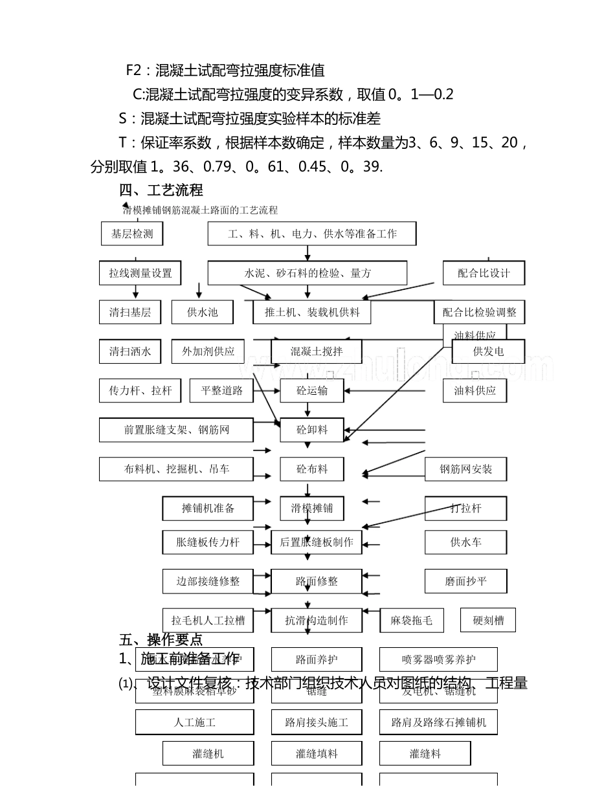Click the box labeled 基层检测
[x=132, y=234]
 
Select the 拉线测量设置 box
[x=140, y=273]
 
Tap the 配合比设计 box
[x=483, y=273]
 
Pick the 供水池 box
[x=202, y=312]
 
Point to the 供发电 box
[x=488, y=351]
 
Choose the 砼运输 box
[x=311, y=390]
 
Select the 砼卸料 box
[x=311, y=430]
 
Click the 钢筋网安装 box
[x=465, y=469]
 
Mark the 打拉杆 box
[x=465, y=508]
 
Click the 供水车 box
[x=465, y=542]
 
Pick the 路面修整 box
[x=316, y=581]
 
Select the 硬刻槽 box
[x=487, y=620]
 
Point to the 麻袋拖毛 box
[x=411, y=620]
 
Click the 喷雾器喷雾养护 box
[x=438, y=659]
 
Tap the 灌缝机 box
[x=208, y=753]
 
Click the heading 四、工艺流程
[x=161, y=190]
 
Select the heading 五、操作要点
[x=161, y=640]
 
